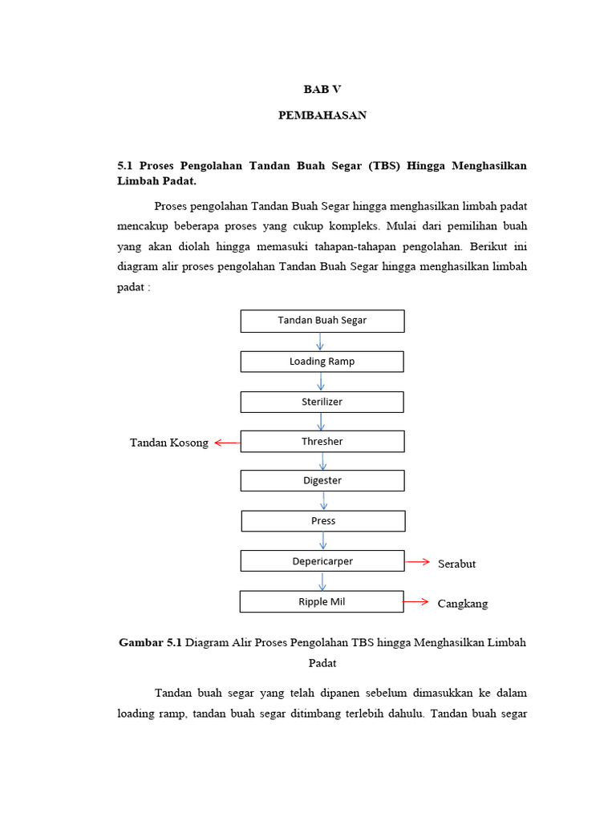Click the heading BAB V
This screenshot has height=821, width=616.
(322, 89)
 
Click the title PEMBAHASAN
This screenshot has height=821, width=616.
(322, 115)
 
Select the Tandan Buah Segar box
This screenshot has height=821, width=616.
(322, 321)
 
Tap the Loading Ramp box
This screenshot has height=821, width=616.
(322, 362)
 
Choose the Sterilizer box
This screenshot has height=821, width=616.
(322, 402)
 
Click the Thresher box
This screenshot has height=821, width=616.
(322, 442)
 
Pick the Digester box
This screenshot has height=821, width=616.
(322, 481)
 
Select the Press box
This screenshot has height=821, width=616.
(323, 521)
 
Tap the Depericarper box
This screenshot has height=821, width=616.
(322, 561)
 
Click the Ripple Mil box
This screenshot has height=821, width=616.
(322, 601)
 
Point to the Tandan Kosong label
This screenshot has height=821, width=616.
(169, 443)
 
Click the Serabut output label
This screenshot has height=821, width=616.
(456, 564)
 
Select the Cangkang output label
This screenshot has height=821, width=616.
(462, 604)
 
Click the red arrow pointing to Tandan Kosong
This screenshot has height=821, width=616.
(227, 442)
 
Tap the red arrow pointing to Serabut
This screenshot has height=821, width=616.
(417, 562)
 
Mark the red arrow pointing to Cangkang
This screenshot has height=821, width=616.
(415, 601)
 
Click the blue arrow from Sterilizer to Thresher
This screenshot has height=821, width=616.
(322, 422)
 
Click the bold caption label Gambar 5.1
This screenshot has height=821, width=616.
(150, 643)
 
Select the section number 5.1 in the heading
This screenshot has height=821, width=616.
(125, 165)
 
